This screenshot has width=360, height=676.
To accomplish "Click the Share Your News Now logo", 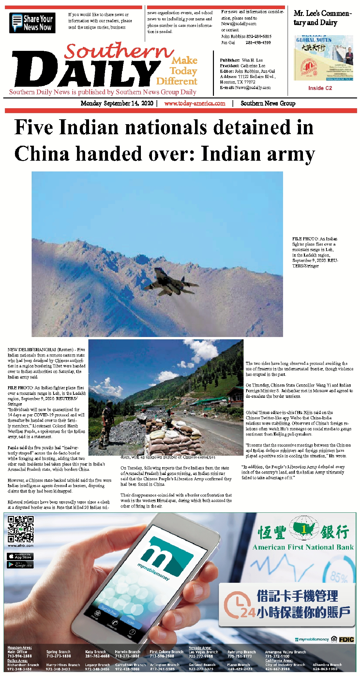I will click(x=32, y=23).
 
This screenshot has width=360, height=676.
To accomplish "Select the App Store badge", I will click(x=20, y=556).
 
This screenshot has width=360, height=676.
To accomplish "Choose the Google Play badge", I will click(x=20, y=565).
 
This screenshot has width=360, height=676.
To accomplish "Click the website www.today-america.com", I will click(x=195, y=103).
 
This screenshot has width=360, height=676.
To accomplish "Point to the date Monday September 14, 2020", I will click(x=117, y=103).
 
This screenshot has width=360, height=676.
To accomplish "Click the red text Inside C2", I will click(x=320, y=88).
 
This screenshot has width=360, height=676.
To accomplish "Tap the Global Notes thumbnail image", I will click(x=323, y=58).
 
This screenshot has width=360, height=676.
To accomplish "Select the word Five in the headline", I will click(x=34, y=127).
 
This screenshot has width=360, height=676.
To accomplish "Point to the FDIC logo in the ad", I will click(x=346, y=639).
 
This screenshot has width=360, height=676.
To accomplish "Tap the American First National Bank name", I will click(x=303, y=547).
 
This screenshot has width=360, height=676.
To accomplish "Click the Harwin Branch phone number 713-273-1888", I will click(x=127, y=656).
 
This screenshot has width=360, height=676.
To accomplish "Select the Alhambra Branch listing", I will click(x=327, y=667).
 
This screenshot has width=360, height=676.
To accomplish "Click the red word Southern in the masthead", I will click(x=119, y=51).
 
